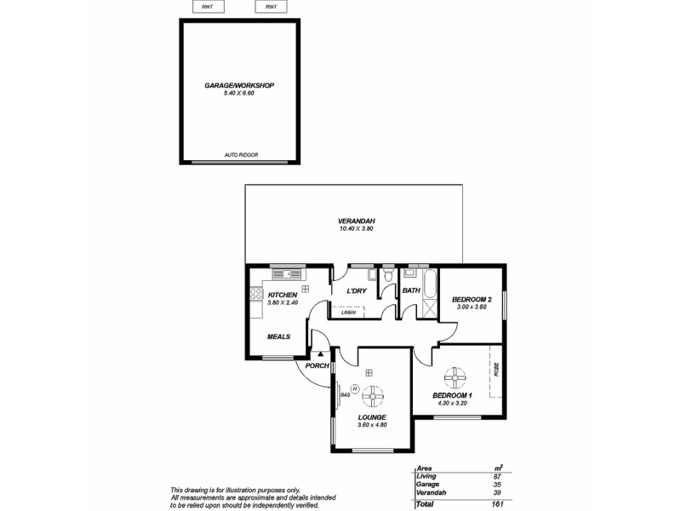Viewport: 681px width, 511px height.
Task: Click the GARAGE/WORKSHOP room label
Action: pos(239,86)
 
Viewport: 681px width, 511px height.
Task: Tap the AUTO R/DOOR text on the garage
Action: pos(241,155)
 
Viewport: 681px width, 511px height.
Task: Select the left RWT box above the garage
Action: pos(208,7)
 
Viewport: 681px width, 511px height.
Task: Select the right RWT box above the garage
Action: pos(271,7)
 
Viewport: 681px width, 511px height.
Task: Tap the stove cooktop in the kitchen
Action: pos(254,295)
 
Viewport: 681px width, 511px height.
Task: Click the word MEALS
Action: pos(278,336)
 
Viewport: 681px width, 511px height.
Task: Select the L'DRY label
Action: pos(356,292)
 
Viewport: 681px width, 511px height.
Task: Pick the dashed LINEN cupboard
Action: pos(350,313)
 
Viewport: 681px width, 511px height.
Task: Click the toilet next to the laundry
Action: pos(388,275)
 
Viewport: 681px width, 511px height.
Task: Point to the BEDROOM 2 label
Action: pos(472,299)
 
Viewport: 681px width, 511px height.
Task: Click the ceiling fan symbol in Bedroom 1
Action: pos(455,376)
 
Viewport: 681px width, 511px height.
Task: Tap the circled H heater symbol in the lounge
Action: pos(355,388)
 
